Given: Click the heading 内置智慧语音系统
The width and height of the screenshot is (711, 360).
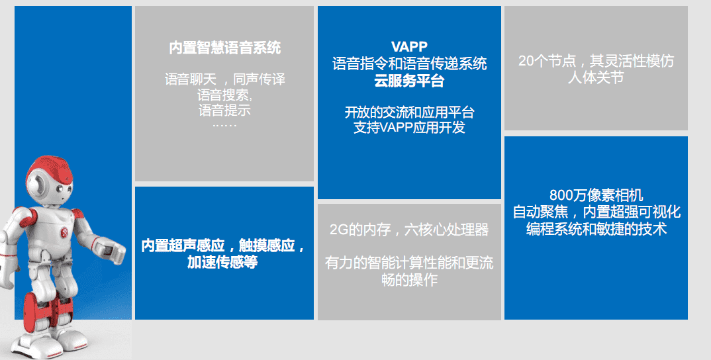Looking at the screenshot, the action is (225, 48).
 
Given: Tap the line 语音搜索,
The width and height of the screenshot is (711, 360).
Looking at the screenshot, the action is (225, 95).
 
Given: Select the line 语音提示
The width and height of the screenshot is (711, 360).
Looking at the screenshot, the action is (224, 110).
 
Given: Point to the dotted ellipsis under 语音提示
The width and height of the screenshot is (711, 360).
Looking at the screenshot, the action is (224, 125).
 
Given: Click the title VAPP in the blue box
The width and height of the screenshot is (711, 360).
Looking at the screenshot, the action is (409, 46).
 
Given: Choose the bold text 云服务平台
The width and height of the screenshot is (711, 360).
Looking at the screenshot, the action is (409, 81).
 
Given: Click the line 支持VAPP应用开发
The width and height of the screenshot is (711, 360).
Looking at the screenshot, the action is (409, 128).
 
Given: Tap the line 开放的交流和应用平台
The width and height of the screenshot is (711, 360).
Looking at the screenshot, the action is (409, 112).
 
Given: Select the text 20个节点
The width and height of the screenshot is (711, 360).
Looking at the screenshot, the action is (547, 61).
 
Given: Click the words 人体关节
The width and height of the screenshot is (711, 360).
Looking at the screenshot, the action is (596, 77).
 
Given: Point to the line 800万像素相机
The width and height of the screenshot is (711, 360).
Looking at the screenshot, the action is (596, 195).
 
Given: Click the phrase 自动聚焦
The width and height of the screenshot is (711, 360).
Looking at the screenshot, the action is (540, 212).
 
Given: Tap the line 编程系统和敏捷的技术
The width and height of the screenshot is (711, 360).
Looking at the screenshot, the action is (596, 229).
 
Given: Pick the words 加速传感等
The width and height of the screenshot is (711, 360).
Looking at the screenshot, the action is (222, 262).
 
